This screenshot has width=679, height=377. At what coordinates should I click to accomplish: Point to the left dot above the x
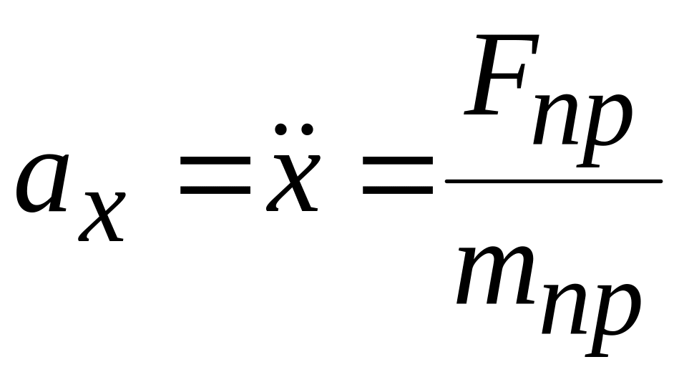tap(281, 129)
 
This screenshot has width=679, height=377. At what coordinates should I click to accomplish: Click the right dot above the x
tap(306, 129)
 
